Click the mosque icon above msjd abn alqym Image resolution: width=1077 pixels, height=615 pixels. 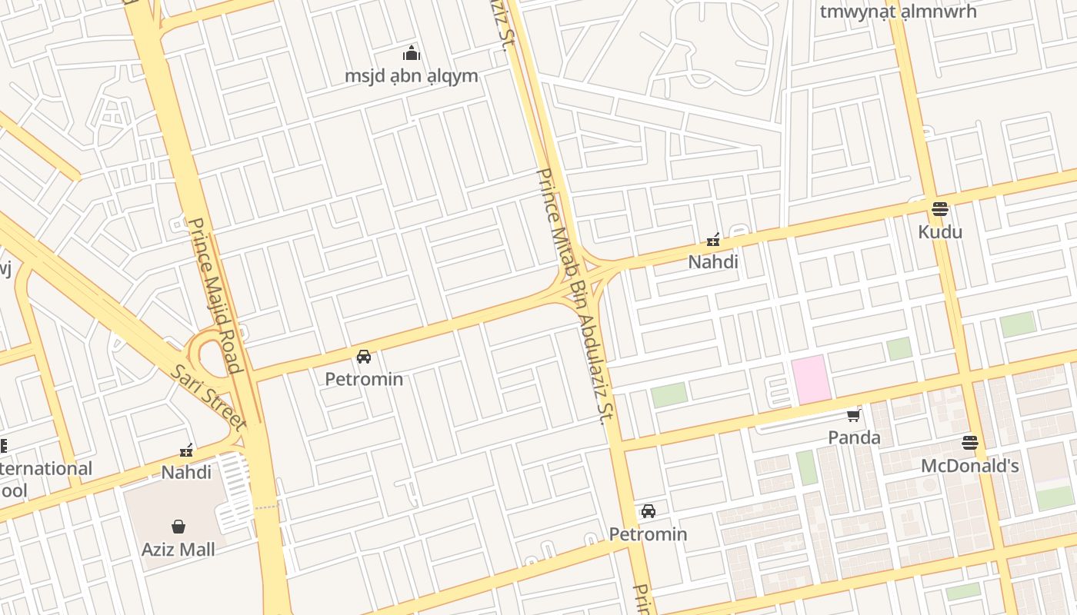point(412,54)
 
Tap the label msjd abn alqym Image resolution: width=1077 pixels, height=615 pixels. point(411,76)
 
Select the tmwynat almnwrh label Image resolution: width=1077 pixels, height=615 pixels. point(898,12)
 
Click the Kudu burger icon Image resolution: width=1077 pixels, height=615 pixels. point(939,208)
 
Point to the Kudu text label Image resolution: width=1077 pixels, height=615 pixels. point(939,231)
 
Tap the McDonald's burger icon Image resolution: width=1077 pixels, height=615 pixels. point(969,443)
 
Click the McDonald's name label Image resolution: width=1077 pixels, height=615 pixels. point(969,466)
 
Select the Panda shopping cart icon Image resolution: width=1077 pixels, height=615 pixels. point(853,416)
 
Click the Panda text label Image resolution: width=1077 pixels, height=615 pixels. point(854,437)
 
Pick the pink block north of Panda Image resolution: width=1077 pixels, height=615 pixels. point(812,379)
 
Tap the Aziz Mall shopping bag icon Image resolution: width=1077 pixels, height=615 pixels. point(178,527)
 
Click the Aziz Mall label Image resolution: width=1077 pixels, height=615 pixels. point(178,549)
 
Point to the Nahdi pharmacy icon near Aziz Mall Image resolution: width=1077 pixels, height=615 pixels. point(185,450)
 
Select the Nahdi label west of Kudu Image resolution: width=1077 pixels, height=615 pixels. point(712,261)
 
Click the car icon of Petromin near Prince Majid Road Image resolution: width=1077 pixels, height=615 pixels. point(364,357)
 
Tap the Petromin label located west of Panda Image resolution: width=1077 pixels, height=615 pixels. point(648,534)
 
